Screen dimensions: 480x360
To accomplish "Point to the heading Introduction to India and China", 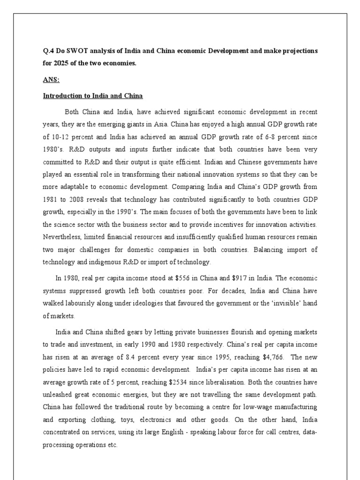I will pyautogui.click(x=93, y=96).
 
